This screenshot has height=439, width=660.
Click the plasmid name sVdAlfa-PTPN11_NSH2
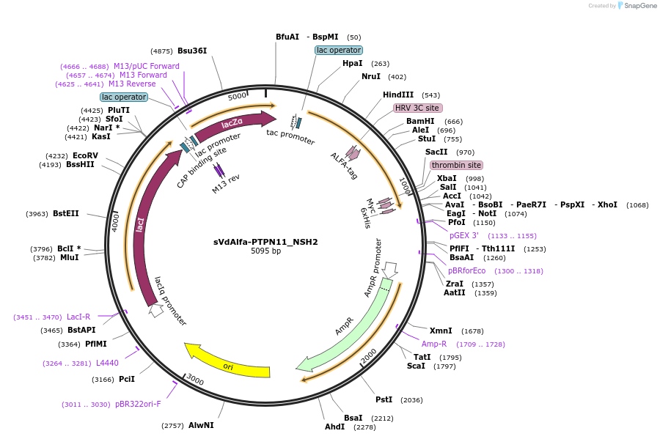(265, 242)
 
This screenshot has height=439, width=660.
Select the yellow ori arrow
(227, 362)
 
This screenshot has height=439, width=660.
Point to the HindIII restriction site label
(397, 95)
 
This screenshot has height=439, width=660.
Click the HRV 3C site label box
(417, 108)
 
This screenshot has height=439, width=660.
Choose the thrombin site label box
(456, 165)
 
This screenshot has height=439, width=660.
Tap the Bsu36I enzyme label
(192, 51)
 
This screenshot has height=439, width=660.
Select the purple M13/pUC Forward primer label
(147, 66)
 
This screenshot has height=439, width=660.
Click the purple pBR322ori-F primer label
(138, 404)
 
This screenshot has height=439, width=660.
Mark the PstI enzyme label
(384, 399)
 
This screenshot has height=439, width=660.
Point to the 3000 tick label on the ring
(195, 380)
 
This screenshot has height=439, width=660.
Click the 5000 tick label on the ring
(237, 96)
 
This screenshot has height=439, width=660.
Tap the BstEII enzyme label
(66, 213)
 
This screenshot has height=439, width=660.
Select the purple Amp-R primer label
(434, 344)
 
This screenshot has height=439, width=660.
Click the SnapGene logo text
(639, 5)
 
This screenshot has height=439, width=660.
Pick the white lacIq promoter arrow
(157, 310)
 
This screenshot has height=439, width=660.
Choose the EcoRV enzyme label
(85, 155)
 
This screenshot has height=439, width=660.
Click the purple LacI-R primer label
(78, 317)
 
